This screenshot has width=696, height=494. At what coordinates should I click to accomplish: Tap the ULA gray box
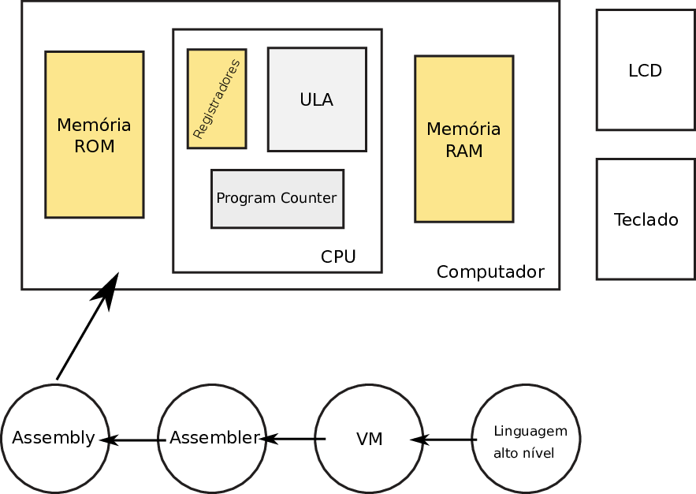click(x=317, y=99)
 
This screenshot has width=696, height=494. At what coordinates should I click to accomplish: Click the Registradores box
click(x=217, y=99)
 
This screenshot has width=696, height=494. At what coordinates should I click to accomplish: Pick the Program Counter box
click(x=277, y=198)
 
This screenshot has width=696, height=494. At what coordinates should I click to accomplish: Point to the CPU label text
click(x=338, y=256)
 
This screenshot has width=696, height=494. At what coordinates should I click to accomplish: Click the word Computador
click(x=490, y=272)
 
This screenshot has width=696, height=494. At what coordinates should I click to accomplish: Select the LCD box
click(x=645, y=70)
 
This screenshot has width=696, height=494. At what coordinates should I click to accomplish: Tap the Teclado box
click(x=646, y=219)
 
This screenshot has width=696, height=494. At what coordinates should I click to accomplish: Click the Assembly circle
click(x=54, y=438)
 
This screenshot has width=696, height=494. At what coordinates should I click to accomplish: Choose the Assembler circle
click(x=214, y=438)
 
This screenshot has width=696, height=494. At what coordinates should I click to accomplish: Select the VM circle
click(x=369, y=439)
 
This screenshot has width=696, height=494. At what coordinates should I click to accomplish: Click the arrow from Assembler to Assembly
click(x=132, y=440)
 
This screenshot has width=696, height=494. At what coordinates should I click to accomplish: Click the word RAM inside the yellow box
click(x=463, y=151)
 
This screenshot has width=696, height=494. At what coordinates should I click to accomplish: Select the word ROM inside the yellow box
click(x=94, y=147)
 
